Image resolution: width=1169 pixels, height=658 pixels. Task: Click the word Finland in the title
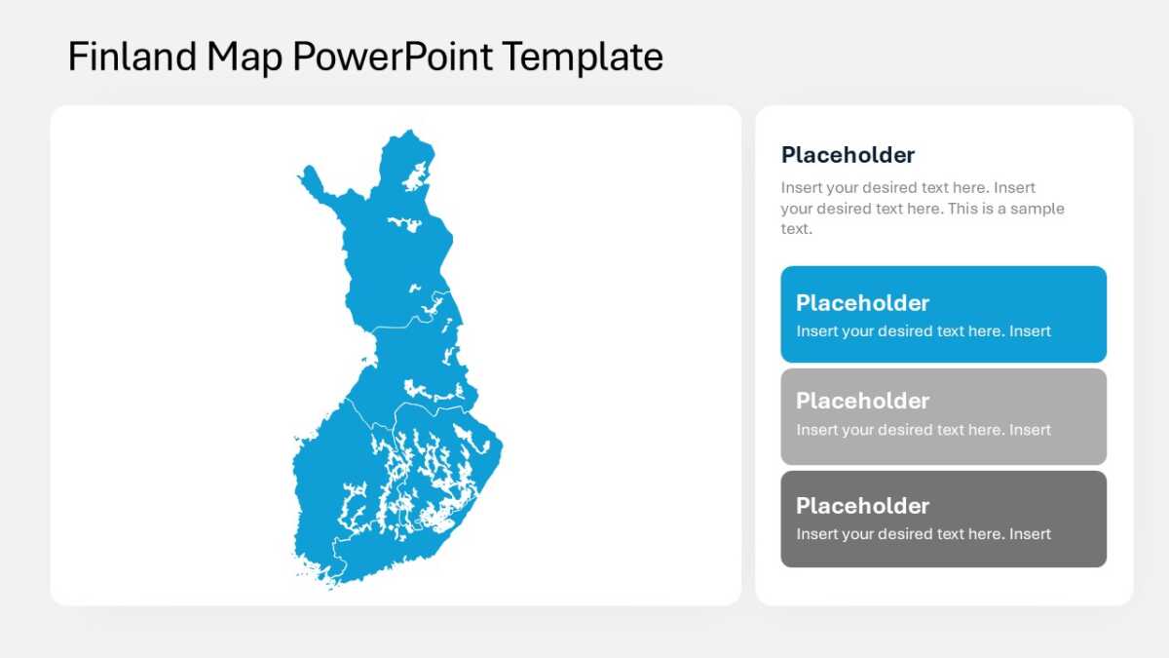coord(132,57)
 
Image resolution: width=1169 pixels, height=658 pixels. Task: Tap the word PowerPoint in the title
coord(393,57)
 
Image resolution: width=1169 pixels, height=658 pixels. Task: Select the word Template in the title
coord(583,58)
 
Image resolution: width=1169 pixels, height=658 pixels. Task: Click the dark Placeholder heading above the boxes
coord(848,155)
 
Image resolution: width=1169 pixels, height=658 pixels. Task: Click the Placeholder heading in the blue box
coord(862,303)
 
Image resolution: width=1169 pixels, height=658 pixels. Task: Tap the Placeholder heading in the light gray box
coord(862,401)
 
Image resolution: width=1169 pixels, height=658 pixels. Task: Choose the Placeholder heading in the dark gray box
coord(862,506)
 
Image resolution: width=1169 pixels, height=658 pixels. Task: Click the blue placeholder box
coord(944,314)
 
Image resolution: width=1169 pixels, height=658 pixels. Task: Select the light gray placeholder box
coord(944,417)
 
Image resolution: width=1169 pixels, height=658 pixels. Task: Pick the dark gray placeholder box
coord(944,519)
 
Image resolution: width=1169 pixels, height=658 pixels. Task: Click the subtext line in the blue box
coord(924,331)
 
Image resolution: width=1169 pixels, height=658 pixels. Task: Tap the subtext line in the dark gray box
coord(924,534)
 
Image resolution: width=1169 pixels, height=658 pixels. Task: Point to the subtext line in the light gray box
coord(924,430)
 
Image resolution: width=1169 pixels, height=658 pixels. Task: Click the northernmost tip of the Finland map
coord(410,130)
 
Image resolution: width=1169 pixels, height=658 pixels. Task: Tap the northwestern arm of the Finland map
coord(315,183)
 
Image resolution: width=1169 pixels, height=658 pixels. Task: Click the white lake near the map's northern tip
coord(416,176)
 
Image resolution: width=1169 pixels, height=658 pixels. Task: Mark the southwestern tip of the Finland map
coord(329,588)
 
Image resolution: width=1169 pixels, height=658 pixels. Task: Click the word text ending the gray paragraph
coord(796,229)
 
